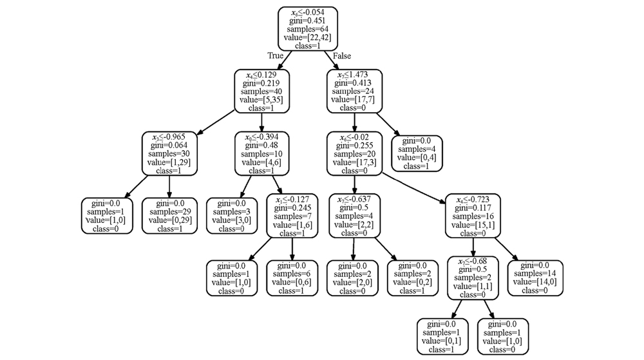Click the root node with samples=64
pos(308,29)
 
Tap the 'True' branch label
pos(276,56)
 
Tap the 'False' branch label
pos(342,56)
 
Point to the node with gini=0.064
pos(169,154)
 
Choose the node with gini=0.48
pos(261,154)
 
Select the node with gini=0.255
pos(354,154)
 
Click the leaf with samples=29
pos(169,216)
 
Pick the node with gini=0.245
pos(293,216)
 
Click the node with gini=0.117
pos(473,216)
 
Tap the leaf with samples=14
pos(535,278)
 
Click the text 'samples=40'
pos(261,92)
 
